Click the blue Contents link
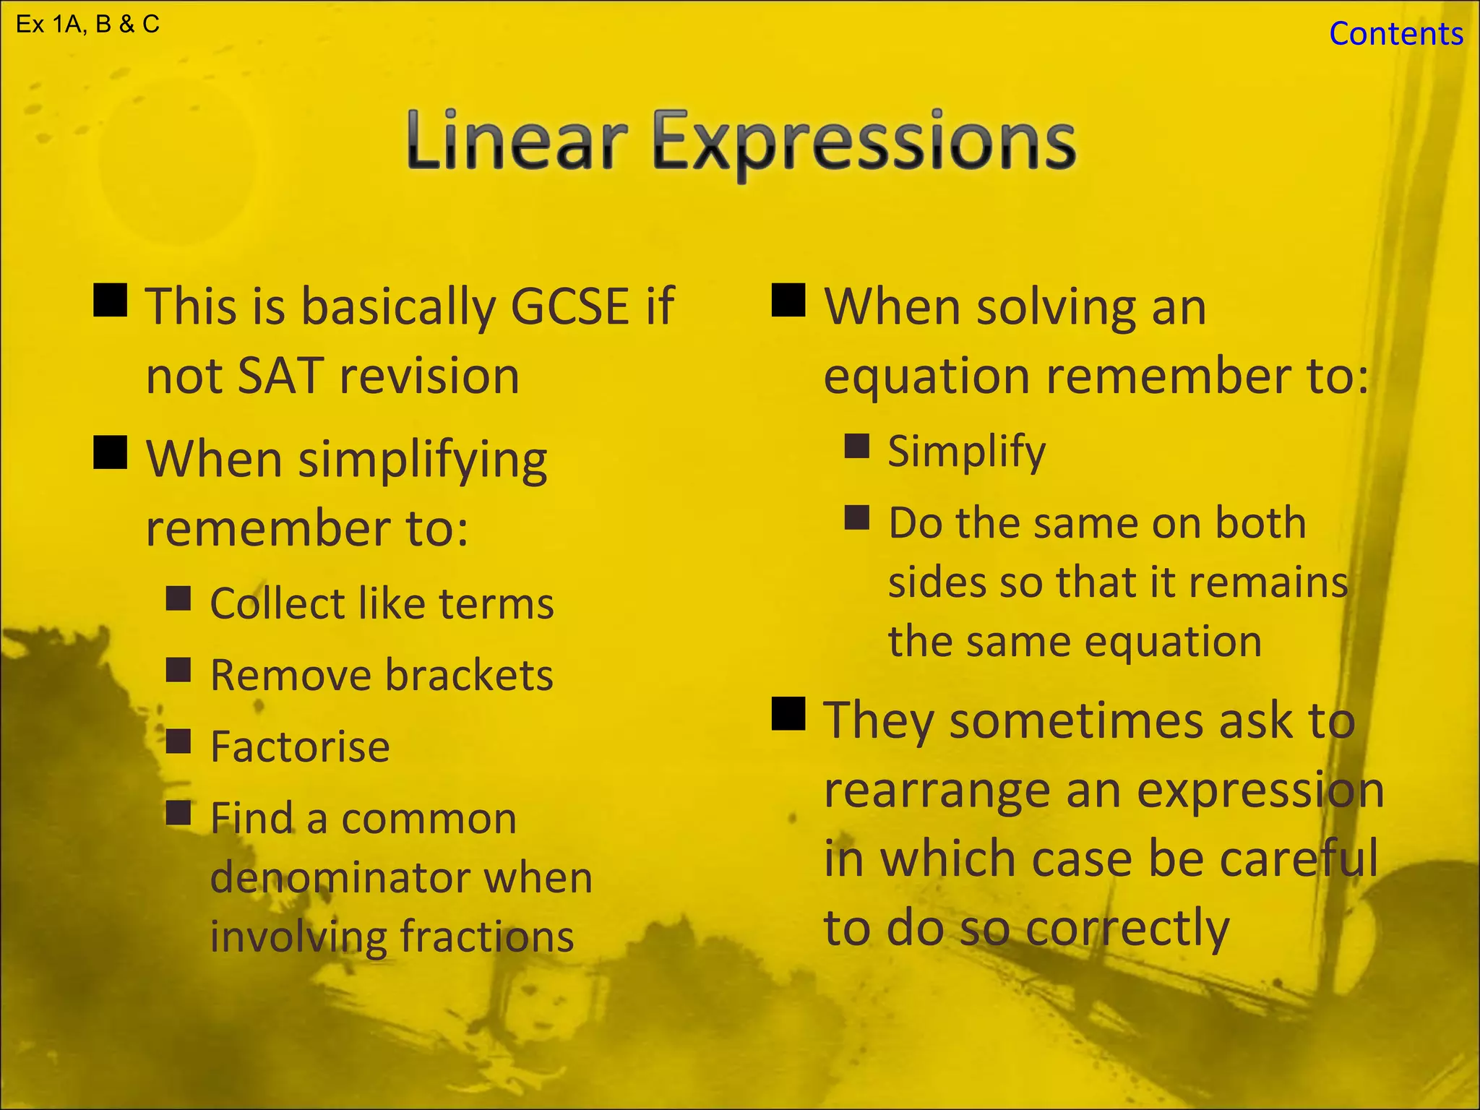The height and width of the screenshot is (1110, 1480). coord(1395,34)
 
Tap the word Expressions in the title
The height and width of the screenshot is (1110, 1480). coord(864,142)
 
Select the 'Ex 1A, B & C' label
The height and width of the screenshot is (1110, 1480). coord(87,25)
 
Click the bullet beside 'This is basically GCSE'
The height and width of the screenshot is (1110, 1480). coord(111,300)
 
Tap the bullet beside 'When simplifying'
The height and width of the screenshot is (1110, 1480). coord(111,452)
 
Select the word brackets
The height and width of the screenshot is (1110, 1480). coord(469,675)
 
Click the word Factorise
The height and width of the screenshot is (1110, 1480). coord(300,746)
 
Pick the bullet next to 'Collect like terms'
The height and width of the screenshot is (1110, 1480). coord(178,598)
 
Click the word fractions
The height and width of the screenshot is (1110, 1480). coord(487,937)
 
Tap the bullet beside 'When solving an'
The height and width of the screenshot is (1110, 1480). coord(788,300)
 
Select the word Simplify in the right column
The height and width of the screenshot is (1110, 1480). coord(966,452)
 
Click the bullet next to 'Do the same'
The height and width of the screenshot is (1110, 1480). coord(857,517)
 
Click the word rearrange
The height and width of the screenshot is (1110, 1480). coord(937,790)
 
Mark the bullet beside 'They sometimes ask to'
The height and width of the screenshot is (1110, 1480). coord(788,714)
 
